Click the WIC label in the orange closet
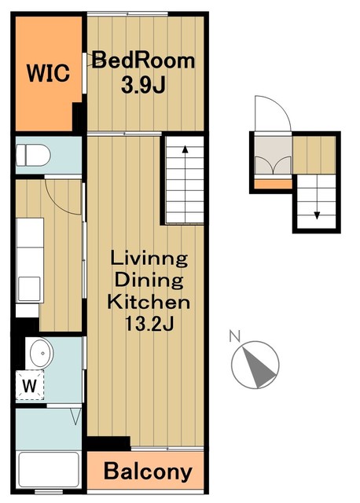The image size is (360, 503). pos(48,73)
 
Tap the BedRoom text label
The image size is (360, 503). pos(143,61)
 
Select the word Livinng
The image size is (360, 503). pos(149,259)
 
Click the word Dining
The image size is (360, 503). pos(149,280)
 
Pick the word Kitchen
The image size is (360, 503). pos(149,302)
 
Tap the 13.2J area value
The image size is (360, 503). pos(149,323)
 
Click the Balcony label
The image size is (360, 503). pos(148,472)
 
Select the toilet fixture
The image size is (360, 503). pos(33,156)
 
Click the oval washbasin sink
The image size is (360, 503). pos(42,353)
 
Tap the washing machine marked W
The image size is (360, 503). pos(30,385)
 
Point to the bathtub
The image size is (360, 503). pos(49,469)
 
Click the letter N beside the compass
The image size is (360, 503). pos(235,336)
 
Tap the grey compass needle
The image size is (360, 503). pos(259,368)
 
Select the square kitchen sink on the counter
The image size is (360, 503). pos(29,289)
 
